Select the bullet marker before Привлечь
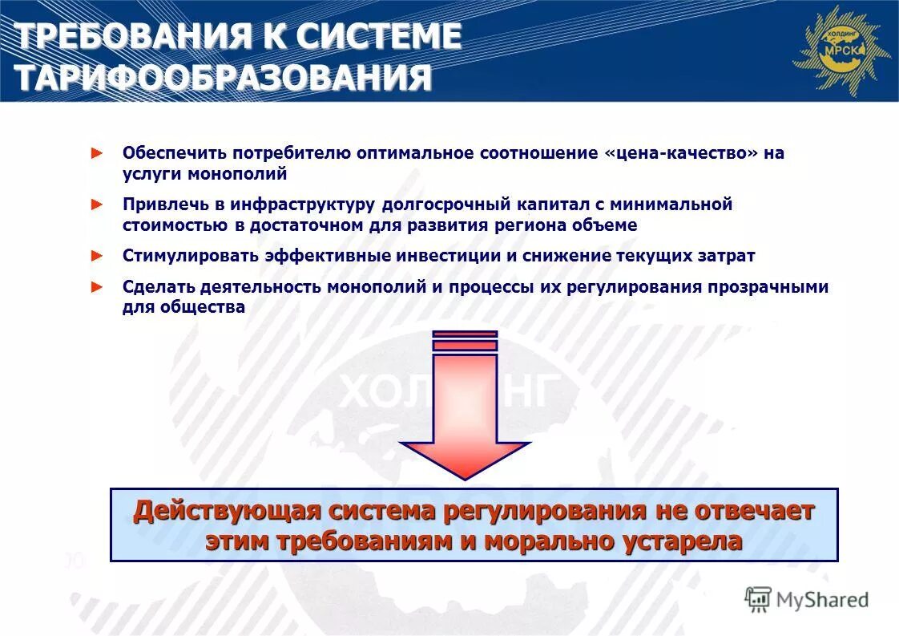(98, 205)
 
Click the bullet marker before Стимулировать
(98, 256)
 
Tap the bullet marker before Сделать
(98, 286)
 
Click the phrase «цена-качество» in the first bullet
(681, 154)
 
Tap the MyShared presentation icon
(758, 599)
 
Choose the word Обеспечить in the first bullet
(171, 154)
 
